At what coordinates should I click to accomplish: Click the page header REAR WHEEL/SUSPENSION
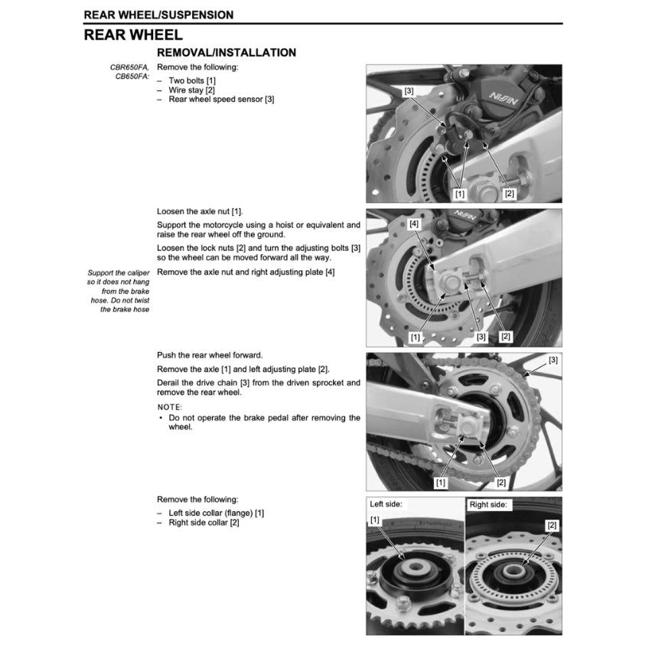pyautogui.click(x=158, y=15)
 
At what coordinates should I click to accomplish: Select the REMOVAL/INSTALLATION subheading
pyautogui.click(x=226, y=53)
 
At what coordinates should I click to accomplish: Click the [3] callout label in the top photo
pyautogui.click(x=409, y=91)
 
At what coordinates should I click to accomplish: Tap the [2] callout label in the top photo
pyautogui.click(x=510, y=194)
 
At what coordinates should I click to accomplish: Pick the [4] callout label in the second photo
pyautogui.click(x=414, y=224)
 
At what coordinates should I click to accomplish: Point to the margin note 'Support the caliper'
pyautogui.click(x=119, y=272)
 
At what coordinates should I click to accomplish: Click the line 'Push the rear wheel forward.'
pyautogui.click(x=210, y=355)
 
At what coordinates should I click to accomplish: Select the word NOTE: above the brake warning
pyautogui.click(x=170, y=407)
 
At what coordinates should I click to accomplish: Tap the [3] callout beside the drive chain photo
pyautogui.click(x=553, y=360)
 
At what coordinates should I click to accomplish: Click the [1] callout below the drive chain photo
pyautogui.click(x=442, y=482)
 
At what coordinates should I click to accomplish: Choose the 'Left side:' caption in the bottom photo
pyautogui.click(x=386, y=505)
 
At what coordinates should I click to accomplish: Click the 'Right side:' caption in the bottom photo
pyautogui.click(x=488, y=505)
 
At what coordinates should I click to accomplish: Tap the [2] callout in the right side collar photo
pyautogui.click(x=552, y=526)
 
